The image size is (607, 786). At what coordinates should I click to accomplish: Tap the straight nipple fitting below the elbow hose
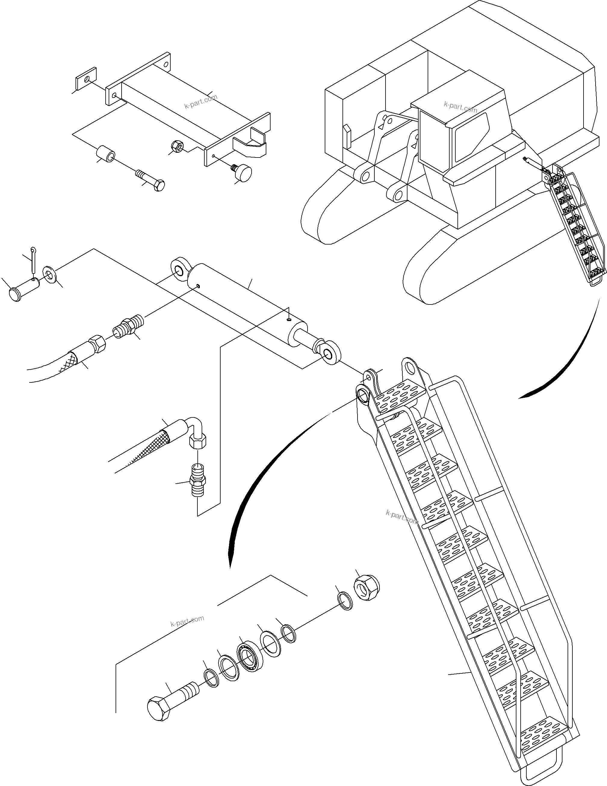point(198,480)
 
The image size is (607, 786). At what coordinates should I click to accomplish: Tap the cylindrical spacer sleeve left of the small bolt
point(106,154)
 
